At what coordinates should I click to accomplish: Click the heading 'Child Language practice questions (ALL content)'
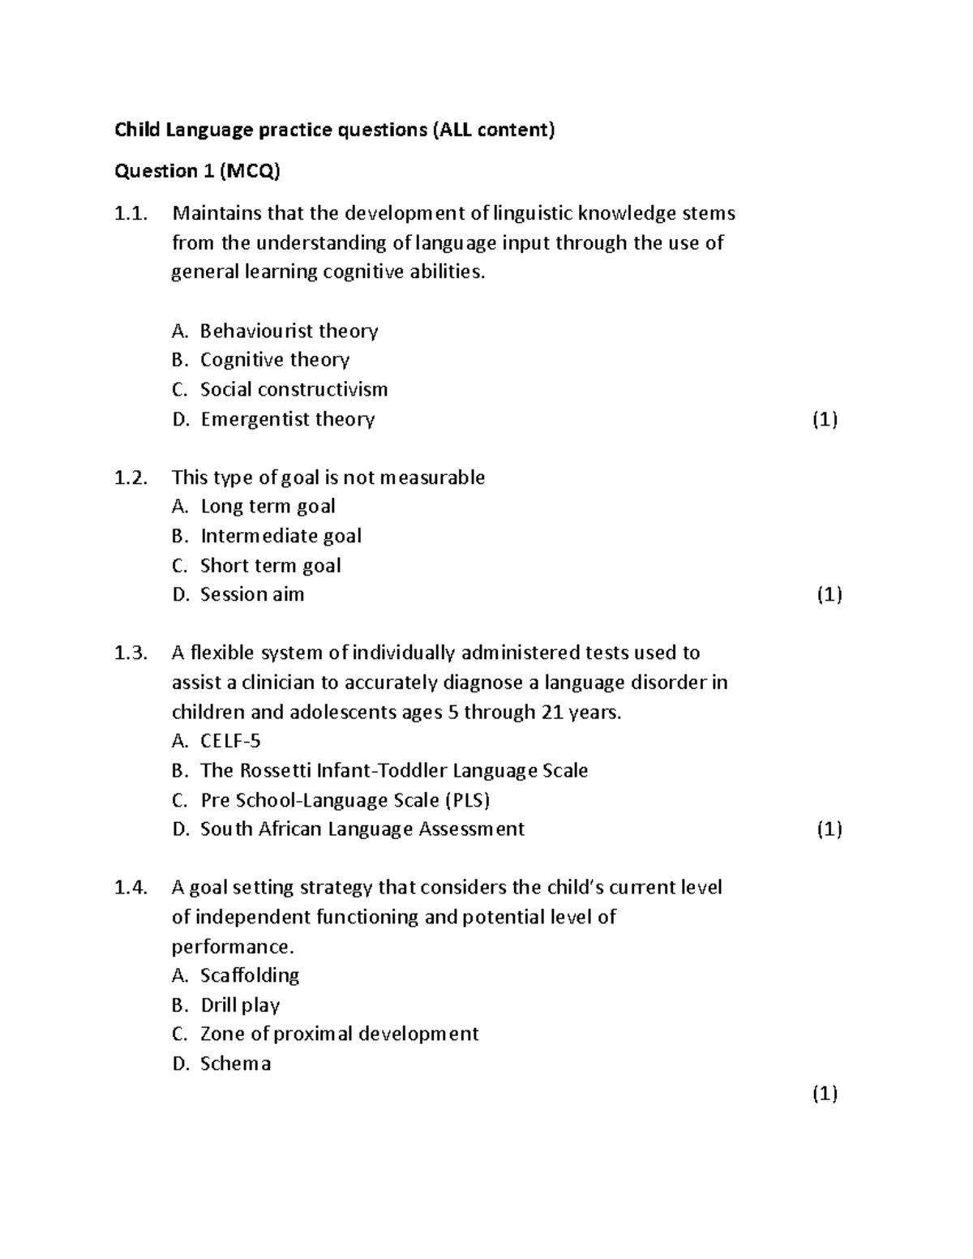pos(334,130)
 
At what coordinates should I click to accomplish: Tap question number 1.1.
pos(131,214)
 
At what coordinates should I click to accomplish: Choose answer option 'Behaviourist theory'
pos(289,331)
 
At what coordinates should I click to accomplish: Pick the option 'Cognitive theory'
pos(274,360)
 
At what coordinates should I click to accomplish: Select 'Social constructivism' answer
pos(294,390)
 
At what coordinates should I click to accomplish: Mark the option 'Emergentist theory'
pos(287,419)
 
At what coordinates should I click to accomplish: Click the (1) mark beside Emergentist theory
pos(825,419)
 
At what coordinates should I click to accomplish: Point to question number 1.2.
pos(131,477)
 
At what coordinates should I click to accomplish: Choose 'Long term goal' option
pos(268,507)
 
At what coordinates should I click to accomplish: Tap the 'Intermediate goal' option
pos(281,536)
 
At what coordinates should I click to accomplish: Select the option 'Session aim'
pos(252,594)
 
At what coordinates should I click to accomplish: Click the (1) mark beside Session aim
pos(829,594)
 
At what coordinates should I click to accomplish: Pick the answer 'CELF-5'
pos(230,741)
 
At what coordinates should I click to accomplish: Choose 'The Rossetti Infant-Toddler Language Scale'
pos(394,770)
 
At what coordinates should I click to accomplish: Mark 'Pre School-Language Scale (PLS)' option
pos(345,800)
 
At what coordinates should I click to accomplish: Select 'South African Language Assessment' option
pos(362,829)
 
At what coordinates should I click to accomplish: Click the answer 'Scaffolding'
pos(250,975)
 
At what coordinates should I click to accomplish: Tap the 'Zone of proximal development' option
pos(339,1034)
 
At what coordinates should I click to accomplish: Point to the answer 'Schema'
pos(235,1064)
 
